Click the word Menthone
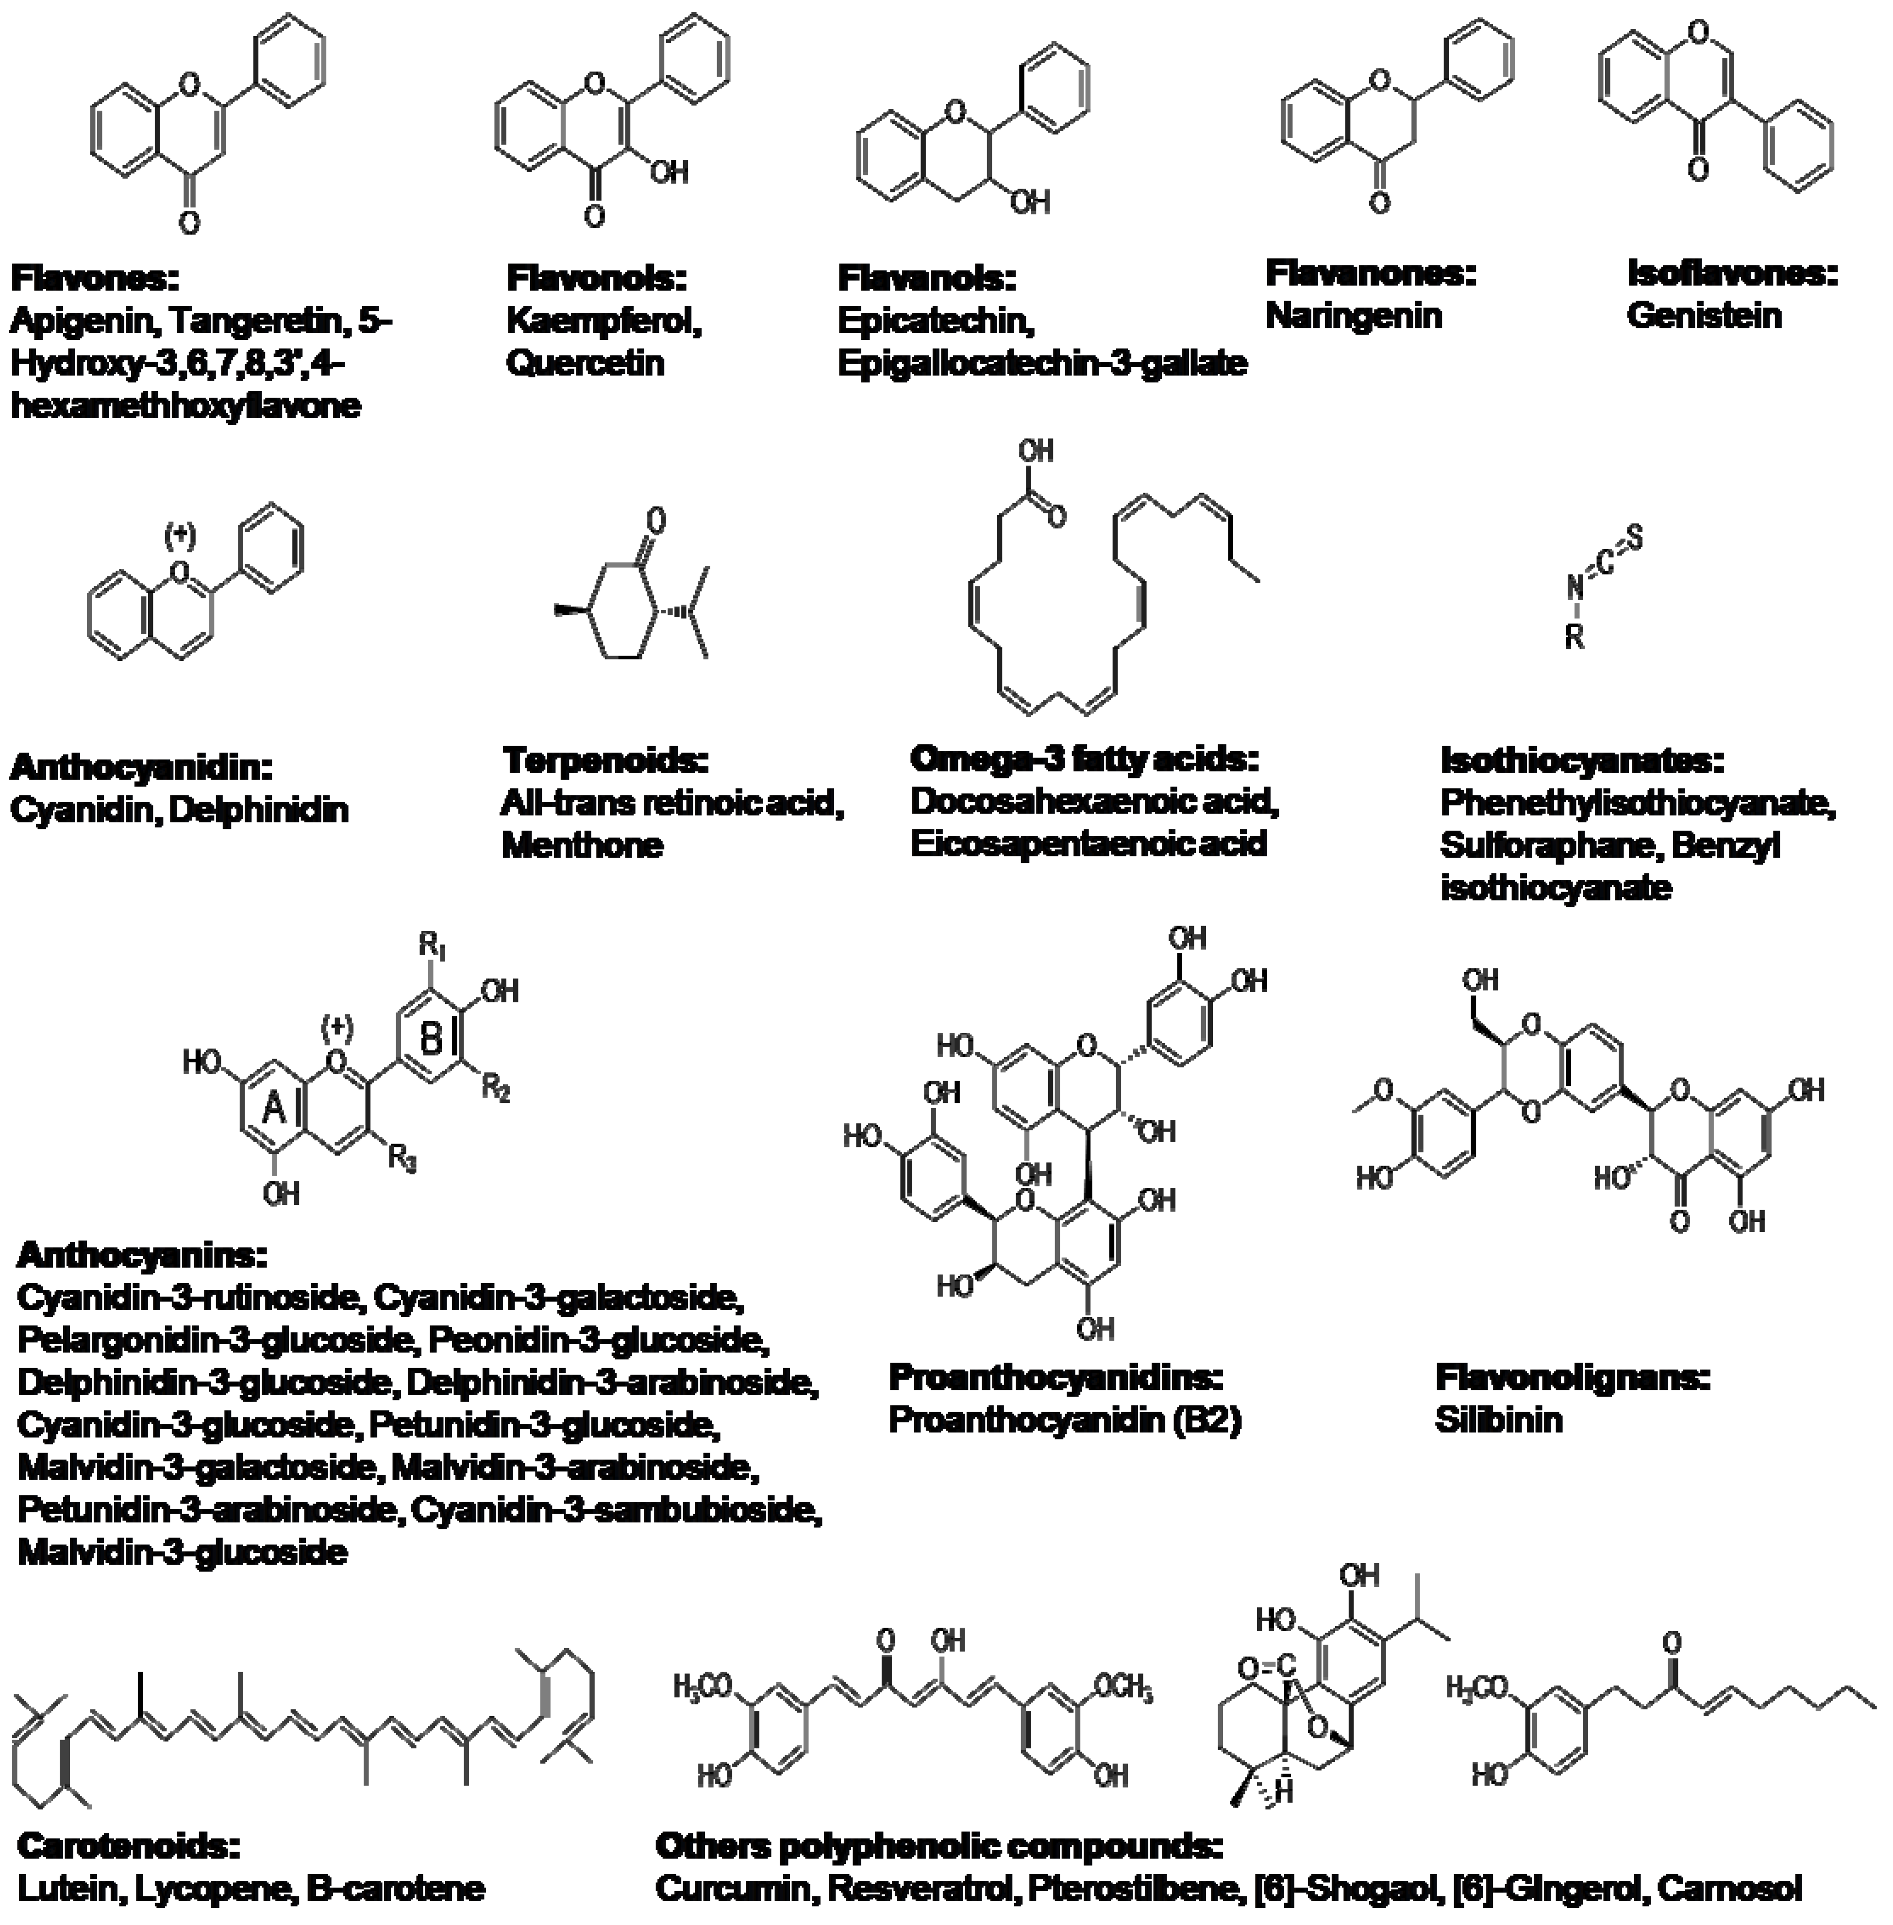(582, 845)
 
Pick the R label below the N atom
(1574, 636)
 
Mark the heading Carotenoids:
(129, 1845)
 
